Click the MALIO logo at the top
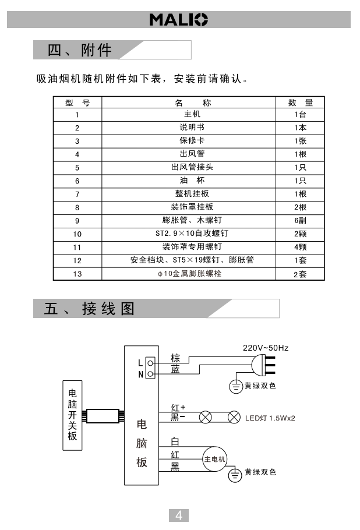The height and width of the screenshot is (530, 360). [x=179, y=19]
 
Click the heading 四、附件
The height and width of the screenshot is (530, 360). [x=80, y=50]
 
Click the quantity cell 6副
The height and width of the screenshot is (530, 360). [x=300, y=221]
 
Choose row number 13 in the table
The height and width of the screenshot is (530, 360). [x=77, y=274]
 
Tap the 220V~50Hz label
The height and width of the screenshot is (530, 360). [x=266, y=348]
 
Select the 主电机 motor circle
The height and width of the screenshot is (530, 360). [x=214, y=460]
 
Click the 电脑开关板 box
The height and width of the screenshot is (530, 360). [x=72, y=415]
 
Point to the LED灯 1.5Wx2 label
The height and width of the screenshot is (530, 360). [x=270, y=418]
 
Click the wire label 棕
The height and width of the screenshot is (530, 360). [x=175, y=358]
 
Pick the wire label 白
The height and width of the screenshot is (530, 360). [x=175, y=442]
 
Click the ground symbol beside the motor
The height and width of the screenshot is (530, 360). [x=235, y=475]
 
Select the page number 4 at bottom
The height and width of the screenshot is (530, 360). [x=179, y=515]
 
